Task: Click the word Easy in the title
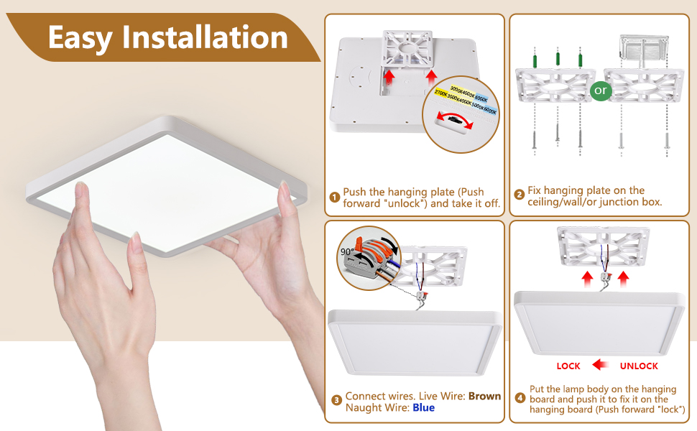pyautogui.click(x=79, y=37)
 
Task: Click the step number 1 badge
pyautogui.click(x=335, y=198)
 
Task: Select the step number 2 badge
pyautogui.click(x=519, y=195)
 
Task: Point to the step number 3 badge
pyautogui.click(x=336, y=401)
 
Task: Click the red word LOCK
pyautogui.click(x=568, y=366)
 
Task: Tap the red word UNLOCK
pyautogui.click(x=639, y=366)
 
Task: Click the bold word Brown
pyautogui.click(x=485, y=396)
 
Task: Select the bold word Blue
pyautogui.click(x=424, y=407)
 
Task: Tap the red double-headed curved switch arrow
pyautogui.click(x=458, y=122)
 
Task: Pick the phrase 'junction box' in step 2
pyautogui.click(x=633, y=202)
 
